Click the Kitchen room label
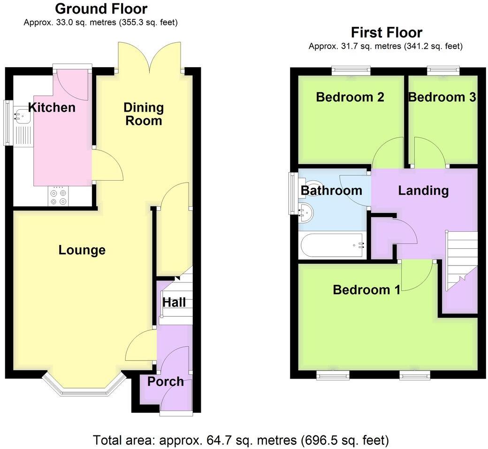(x=52, y=107)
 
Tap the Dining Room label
(x=144, y=114)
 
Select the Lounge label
(x=82, y=250)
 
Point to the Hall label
(x=174, y=302)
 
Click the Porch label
(x=165, y=381)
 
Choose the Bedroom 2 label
(x=350, y=97)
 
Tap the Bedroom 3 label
(x=442, y=97)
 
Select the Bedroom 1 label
(x=366, y=289)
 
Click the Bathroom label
(x=331, y=190)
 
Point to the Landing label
(x=423, y=190)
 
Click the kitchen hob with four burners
(x=59, y=196)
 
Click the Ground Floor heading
(x=101, y=8)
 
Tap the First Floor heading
(x=386, y=32)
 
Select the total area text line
(x=241, y=440)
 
